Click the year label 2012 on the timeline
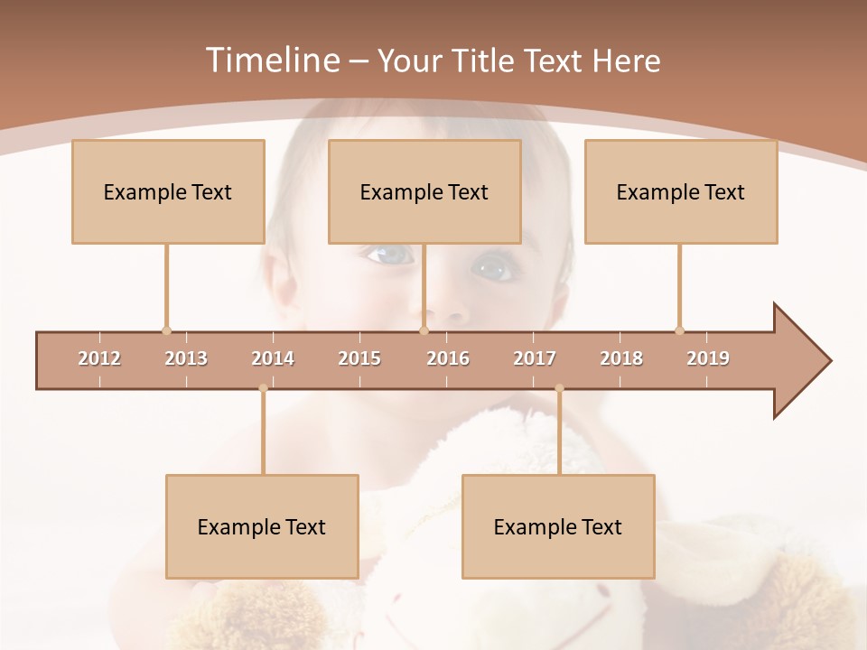tap(99, 358)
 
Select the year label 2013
tap(186, 358)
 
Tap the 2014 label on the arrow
tap(273, 358)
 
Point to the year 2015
tap(359, 358)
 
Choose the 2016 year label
tap(448, 358)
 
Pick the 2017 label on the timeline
tap(535, 358)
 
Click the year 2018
tap(621, 358)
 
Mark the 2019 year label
tap(708, 358)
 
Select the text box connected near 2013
tap(168, 191)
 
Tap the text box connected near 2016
tap(424, 191)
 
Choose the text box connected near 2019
tap(681, 191)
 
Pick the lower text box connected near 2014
tap(262, 526)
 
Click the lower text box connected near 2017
tap(558, 526)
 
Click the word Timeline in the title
tap(271, 60)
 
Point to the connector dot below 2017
tap(559, 388)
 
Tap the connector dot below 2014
tap(263, 388)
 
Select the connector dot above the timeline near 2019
tap(679, 330)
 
